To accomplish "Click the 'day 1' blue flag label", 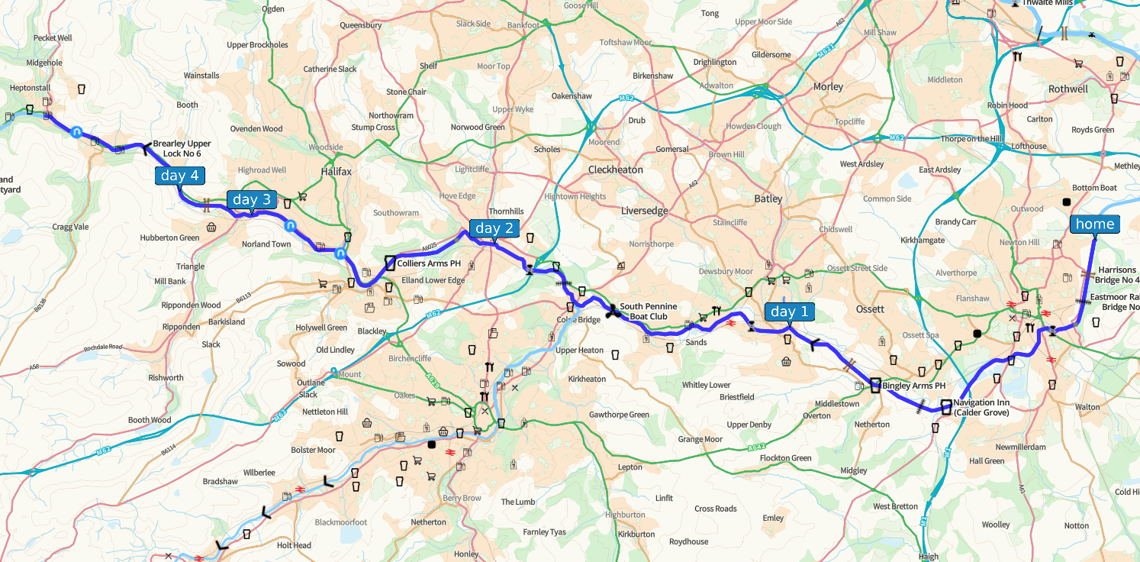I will [789, 312].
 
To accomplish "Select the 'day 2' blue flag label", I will [494, 228].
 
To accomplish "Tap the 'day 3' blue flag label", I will [251, 200].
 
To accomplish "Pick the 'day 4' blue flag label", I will [179, 176].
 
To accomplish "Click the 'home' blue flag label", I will [1094, 224].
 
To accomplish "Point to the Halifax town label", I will [336, 172].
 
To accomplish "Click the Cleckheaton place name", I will [615, 170].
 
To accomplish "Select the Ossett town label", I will [870, 309].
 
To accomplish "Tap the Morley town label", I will [828, 87].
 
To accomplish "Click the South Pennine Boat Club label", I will [648, 312].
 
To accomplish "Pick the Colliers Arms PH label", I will [429, 263].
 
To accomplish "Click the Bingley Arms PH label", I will [913, 386].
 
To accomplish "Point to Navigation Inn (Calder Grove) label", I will [981, 408].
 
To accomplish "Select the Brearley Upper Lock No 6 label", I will [182, 148].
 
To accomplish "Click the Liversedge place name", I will [644, 211].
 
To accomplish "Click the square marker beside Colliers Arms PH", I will [390, 263].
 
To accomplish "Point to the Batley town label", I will [768, 199].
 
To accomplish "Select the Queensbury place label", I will [360, 25].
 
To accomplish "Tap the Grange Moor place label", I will [700, 440].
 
